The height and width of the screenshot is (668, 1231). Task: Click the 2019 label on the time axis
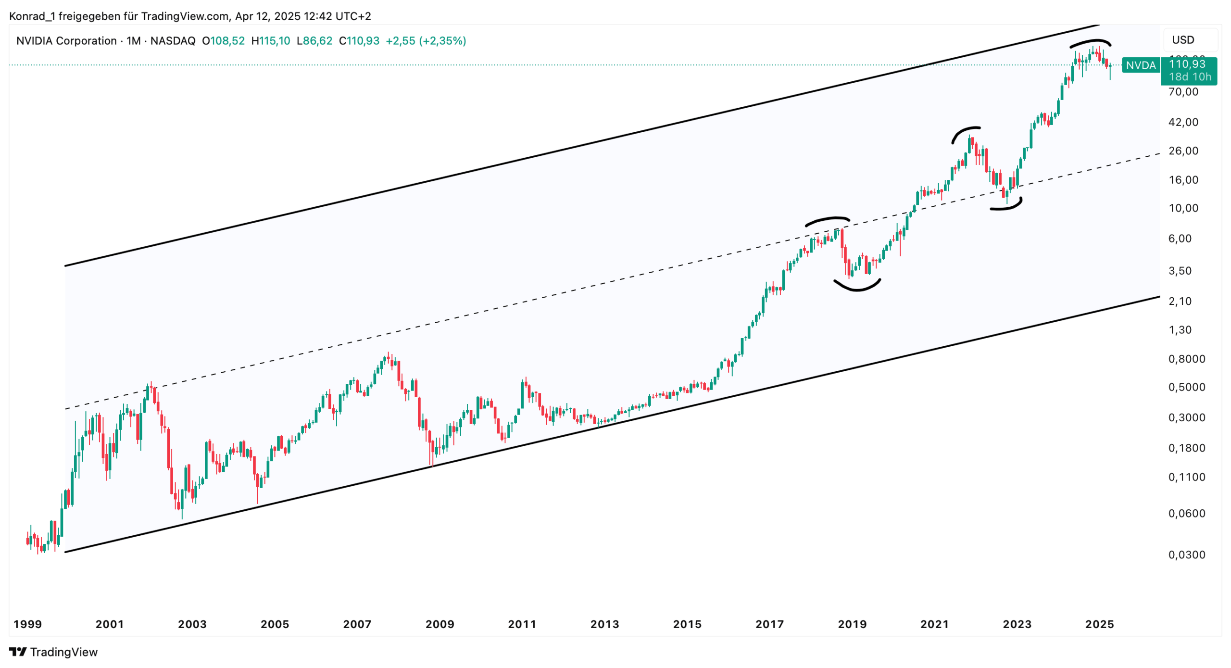[x=852, y=624]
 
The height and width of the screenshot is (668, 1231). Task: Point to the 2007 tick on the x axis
[x=357, y=624]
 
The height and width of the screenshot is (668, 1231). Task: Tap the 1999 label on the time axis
[x=27, y=624]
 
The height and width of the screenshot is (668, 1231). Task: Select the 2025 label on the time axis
[x=1099, y=624]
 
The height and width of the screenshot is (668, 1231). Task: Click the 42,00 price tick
[x=1183, y=122]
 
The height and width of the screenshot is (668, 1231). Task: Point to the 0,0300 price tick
[x=1186, y=555]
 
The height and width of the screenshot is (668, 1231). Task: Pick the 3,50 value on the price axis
[x=1180, y=271]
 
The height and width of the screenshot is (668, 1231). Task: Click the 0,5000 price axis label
[x=1186, y=387]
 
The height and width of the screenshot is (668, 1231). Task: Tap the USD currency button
[x=1182, y=40]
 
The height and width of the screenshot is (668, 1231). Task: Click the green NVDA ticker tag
[x=1140, y=65]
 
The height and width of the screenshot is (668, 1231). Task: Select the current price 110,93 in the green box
[x=1187, y=64]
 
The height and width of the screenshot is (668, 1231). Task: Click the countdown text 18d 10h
[x=1190, y=77]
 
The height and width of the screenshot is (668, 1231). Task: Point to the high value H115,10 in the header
[x=271, y=41]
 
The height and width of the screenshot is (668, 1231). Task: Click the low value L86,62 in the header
[x=314, y=41]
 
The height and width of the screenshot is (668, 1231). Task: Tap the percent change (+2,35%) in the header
[x=442, y=41]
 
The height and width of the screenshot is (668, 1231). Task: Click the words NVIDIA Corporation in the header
[x=66, y=41]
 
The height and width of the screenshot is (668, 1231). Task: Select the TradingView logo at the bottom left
[x=53, y=652]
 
